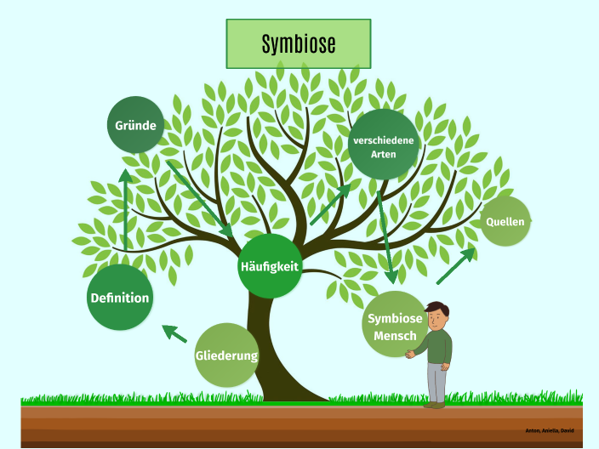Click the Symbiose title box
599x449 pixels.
coord(299,43)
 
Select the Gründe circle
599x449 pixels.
coord(136,125)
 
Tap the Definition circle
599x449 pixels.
coord(120,298)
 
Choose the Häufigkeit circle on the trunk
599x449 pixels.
coord(270,266)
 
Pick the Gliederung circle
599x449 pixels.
coord(226,355)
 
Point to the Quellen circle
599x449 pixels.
coord(505,221)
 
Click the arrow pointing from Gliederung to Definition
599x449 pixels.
coord(174,333)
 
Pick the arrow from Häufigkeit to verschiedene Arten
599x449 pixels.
coord(330,205)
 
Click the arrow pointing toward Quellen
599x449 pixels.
coord(456,266)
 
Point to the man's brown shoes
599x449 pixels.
coord(435,405)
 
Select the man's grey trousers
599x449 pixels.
coord(436,381)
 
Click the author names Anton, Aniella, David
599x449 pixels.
coord(549,430)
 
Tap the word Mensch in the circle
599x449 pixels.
coord(395,336)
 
